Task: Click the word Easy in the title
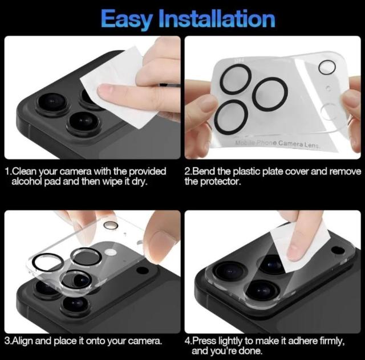point(126,19)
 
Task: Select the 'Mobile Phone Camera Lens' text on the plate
point(278,144)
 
